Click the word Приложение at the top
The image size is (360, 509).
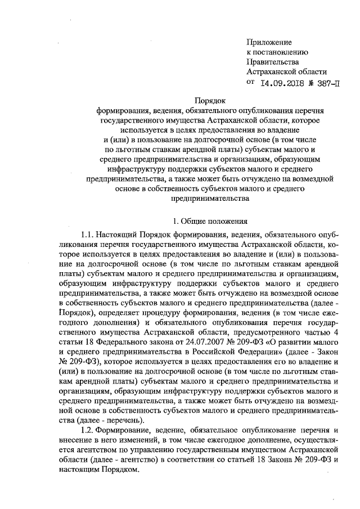coord(269,42)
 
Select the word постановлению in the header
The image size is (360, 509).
coord(281,52)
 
